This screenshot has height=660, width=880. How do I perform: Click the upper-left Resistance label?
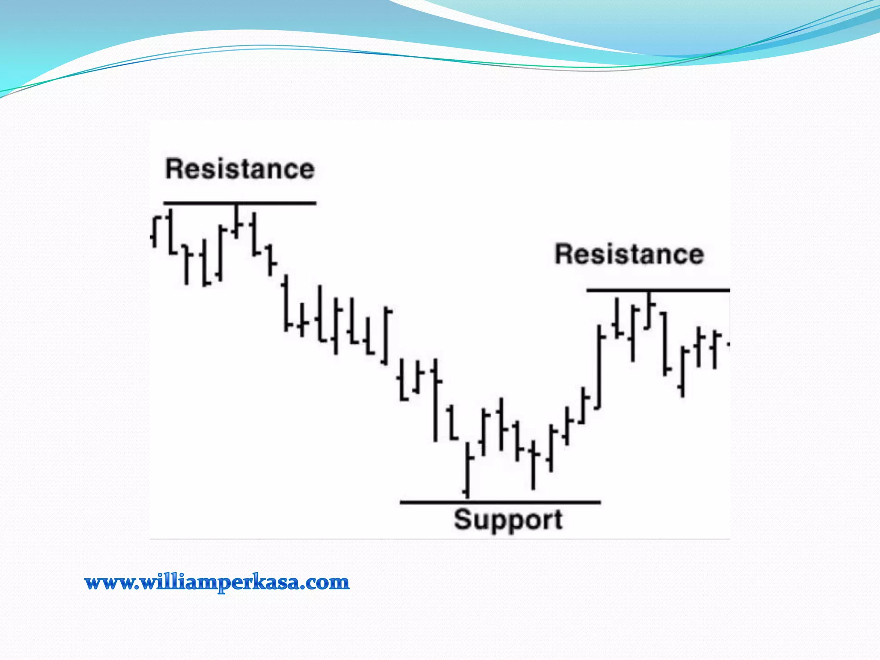click(x=240, y=169)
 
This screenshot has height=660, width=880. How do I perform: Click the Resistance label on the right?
click(x=629, y=254)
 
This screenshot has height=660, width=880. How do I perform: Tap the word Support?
click(x=508, y=520)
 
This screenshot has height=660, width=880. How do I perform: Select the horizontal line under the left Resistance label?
click(x=240, y=203)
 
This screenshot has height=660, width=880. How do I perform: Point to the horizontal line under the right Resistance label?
click(x=658, y=291)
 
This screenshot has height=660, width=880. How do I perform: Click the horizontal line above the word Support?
click(x=500, y=502)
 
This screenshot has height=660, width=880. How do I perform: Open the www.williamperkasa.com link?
click(x=217, y=583)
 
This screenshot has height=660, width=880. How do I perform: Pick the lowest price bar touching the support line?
click(x=467, y=471)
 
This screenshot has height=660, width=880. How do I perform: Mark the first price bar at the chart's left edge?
click(x=155, y=232)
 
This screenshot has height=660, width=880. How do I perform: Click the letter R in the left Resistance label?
click(x=174, y=169)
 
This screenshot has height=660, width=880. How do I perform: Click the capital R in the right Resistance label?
click(x=563, y=254)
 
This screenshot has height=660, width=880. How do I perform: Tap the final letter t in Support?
click(x=557, y=520)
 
